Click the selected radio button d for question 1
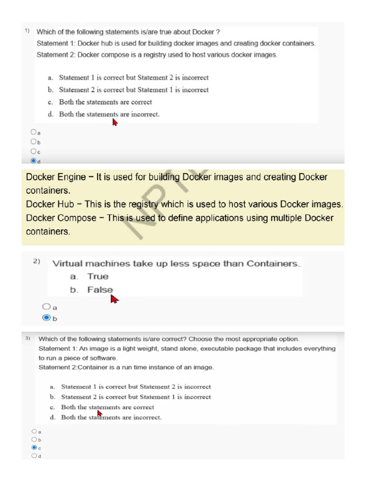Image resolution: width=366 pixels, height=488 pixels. click(33, 161)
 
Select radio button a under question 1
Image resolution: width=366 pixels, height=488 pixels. click(33, 132)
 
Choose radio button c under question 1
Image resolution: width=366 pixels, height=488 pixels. click(33, 152)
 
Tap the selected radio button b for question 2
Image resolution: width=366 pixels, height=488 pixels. click(46, 318)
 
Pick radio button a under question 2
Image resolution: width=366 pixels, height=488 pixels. click(46, 307)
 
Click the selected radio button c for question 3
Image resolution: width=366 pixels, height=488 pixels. click(34, 447)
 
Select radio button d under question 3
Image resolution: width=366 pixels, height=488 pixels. click(34, 456)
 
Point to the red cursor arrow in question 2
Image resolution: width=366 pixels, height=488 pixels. click(114, 299)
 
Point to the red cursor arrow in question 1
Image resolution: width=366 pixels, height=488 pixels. click(114, 122)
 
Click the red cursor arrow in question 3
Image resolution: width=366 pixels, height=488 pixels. click(100, 413)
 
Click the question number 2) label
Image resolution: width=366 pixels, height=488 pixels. click(37, 261)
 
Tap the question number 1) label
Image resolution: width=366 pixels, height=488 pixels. click(27, 31)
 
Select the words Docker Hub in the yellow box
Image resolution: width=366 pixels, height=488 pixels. click(50, 204)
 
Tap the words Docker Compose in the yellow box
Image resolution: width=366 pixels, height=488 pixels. click(61, 218)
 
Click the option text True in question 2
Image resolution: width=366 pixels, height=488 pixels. click(98, 276)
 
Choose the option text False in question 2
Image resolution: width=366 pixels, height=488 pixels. click(100, 290)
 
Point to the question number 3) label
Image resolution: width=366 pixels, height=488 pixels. click(28, 338)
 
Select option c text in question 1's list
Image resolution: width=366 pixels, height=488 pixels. click(105, 102)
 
